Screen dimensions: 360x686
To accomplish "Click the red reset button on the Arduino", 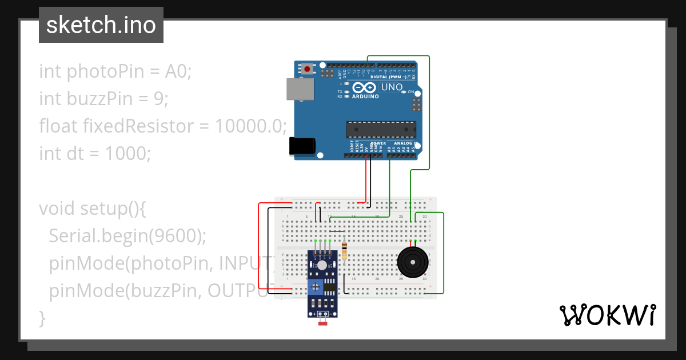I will [308, 69].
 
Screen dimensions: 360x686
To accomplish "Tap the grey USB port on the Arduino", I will [300, 90].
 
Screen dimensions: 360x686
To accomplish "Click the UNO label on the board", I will [392, 87].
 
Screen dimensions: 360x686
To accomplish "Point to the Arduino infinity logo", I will [364, 88].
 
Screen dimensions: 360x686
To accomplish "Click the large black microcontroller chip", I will [381, 130].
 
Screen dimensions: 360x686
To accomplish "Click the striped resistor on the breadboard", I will [344, 251].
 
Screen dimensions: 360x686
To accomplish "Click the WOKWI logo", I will [607, 315].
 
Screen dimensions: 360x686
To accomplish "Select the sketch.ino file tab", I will [101, 25].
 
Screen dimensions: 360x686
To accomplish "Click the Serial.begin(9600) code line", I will [127, 235].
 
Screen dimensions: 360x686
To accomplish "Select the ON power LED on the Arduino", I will [404, 91].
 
